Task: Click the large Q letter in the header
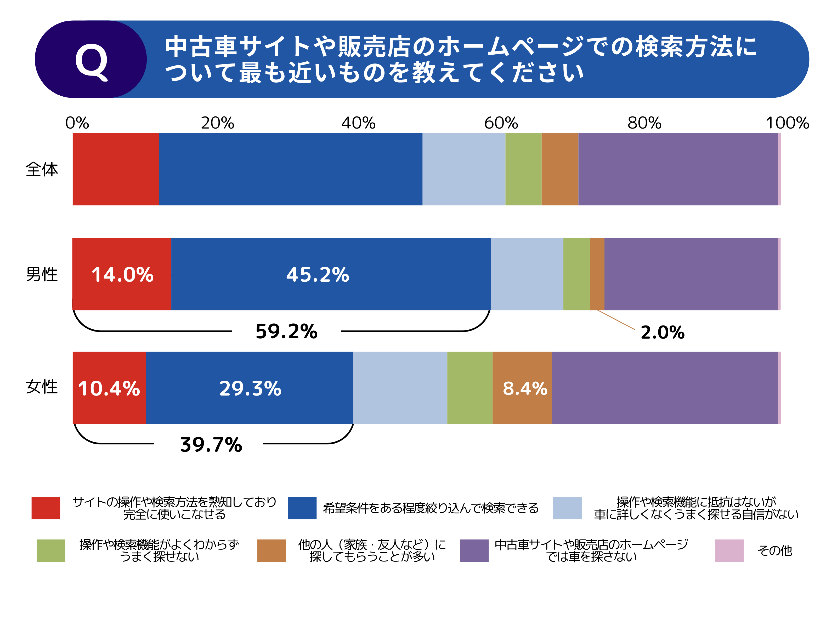pos(91,61)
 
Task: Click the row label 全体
pos(42,169)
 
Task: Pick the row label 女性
pos(42,387)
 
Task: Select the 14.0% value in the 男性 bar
pos(122,275)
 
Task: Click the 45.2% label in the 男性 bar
pos(318,275)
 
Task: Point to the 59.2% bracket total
pos(286,332)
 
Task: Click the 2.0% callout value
pos(662,333)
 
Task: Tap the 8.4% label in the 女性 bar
pos(525,388)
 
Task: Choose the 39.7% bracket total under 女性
pos(211,444)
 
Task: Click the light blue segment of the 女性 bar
pos(400,387)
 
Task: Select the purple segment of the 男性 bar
pos(691,274)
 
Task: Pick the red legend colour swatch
pos(46,508)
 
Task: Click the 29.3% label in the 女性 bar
pos(250,388)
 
